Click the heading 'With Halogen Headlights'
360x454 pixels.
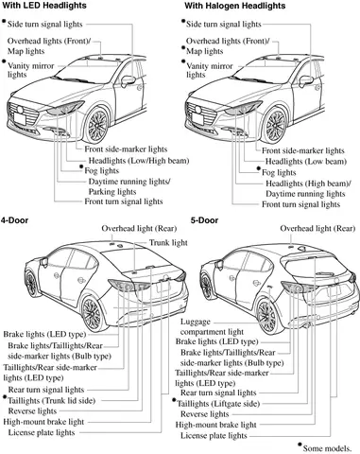pos(241,6)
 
